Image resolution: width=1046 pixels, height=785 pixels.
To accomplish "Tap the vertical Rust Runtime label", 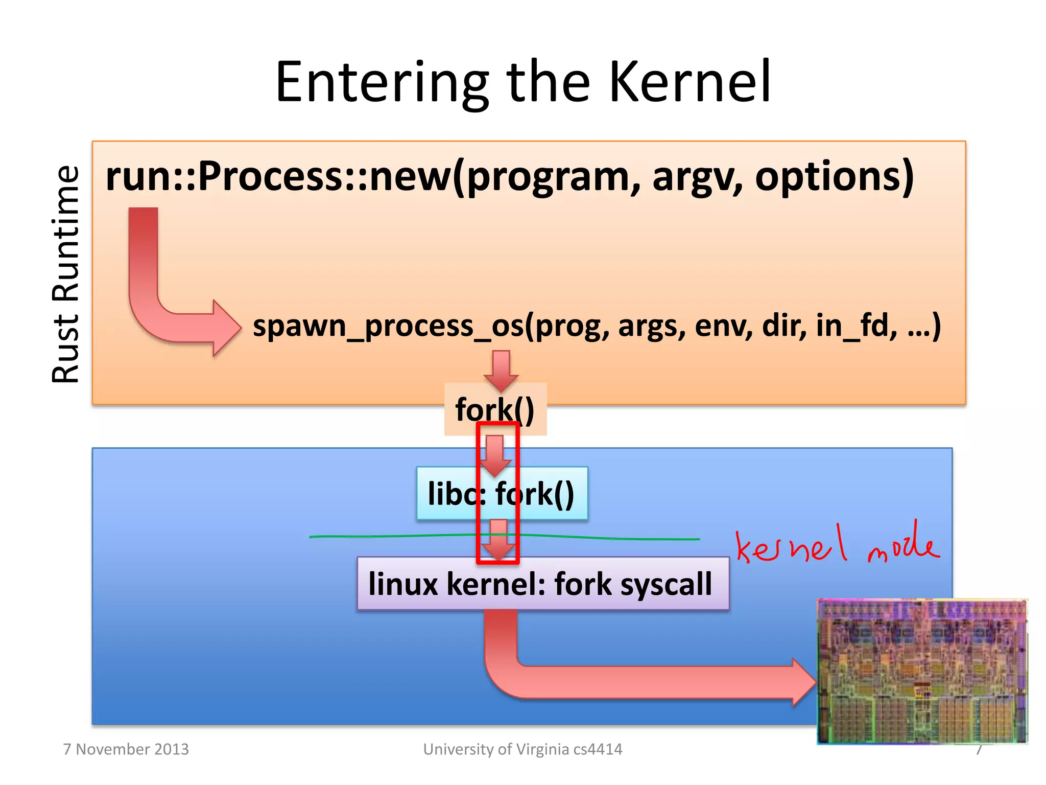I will tap(66, 274).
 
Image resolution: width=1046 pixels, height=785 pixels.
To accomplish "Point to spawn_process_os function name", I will tap(388, 326).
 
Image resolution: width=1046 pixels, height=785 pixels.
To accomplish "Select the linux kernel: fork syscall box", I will tap(542, 584).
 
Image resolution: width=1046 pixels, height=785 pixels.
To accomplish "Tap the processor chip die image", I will tap(922, 671).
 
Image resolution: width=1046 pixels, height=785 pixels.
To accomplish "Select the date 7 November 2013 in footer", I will tap(126, 749).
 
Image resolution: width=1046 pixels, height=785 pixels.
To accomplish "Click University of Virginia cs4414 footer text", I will tap(522, 749).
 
